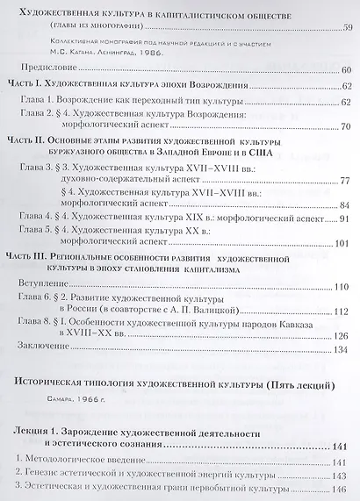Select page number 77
point(345,180)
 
